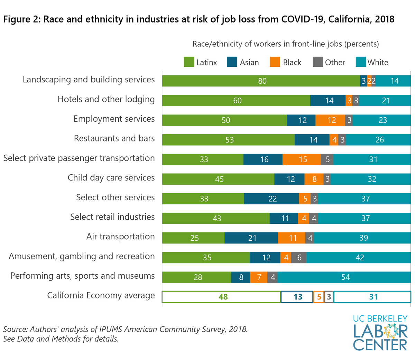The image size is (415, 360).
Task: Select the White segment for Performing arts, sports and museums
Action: [344, 277]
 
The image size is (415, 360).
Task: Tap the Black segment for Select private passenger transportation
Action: [302, 159]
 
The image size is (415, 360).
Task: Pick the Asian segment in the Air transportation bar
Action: [251, 238]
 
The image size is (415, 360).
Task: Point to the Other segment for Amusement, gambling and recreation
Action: [299, 258]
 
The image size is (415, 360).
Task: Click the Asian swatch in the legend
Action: [232, 62]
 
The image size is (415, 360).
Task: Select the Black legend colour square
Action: [275, 62]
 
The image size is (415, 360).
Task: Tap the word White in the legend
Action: [378, 63]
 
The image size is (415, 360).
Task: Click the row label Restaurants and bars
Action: [114, 138]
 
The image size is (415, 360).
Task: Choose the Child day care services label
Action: [111, 178]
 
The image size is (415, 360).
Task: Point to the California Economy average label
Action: [101, 296]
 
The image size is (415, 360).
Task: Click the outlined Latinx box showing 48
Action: [221, 297]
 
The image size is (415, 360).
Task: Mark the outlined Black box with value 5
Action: [319, 297]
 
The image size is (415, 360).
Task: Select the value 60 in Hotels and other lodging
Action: [237, 101]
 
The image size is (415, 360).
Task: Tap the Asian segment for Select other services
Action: [271, 199]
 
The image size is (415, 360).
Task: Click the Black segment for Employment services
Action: [330, 120]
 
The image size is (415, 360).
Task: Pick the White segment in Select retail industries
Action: [365, 219]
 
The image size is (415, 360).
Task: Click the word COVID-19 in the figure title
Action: [303, 19]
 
